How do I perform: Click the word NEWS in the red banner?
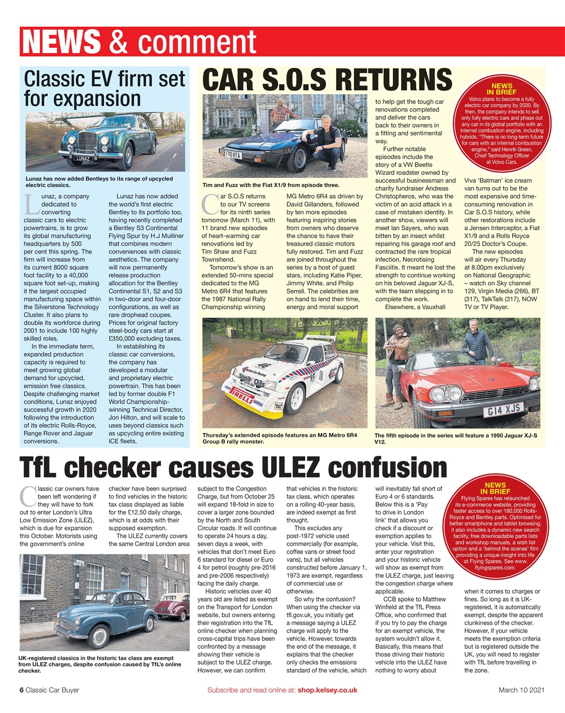click(x=61, y=42)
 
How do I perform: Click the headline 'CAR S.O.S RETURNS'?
click(x=327, y=80)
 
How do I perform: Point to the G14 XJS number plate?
click(x=502, y=410)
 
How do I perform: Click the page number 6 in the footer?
click(x=22, y=690)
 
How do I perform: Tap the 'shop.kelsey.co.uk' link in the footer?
click(x=327, y=690)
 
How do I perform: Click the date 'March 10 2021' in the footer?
click(x=521, y=690)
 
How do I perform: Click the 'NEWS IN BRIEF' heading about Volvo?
click(x=501, y=89)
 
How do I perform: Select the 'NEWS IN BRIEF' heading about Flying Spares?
click(x=495, y=489)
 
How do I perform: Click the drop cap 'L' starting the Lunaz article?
click(x=32, y=205)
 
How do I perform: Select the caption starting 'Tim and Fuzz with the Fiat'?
click(x=271, y=185)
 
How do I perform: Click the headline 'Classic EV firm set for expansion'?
click(x=104, y=89)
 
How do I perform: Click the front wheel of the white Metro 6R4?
click(x=295, y=397)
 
